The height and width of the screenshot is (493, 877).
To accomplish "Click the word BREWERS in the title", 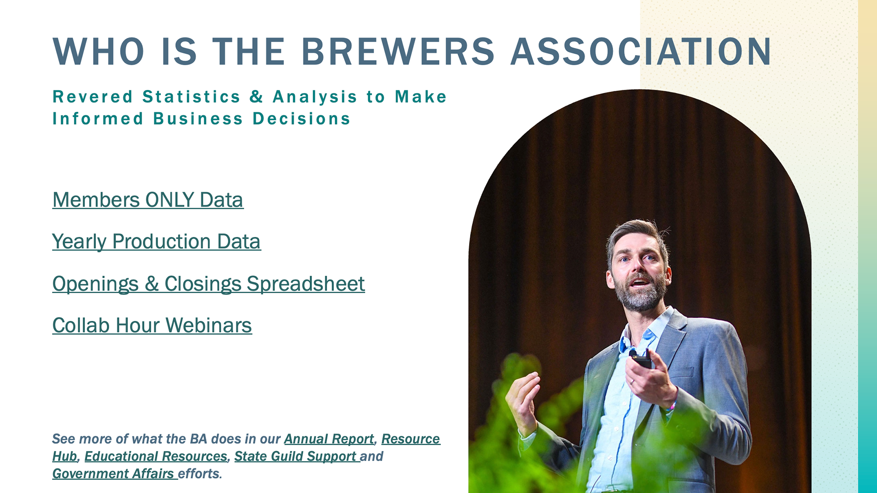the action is (x=398, y=51).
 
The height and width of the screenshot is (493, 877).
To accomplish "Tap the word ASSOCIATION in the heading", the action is (x=641, y=51).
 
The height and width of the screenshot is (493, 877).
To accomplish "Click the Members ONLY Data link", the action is (x=148, y=200).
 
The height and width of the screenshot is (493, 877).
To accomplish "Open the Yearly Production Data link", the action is (x=156, y=242).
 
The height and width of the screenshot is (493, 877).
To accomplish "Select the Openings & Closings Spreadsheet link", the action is (x=209, y=284).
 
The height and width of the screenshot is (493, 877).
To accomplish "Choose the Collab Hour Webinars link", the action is (x=152, y=325).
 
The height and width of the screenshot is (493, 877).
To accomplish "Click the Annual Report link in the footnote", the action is (x=329, y=439).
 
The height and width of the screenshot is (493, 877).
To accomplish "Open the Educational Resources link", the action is (x=156, y=456).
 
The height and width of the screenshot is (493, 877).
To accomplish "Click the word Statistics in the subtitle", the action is (x=191, y=97).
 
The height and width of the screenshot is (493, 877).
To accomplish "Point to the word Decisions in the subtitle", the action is (x=301, y=119).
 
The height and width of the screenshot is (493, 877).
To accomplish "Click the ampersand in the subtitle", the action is (x=256, y=97).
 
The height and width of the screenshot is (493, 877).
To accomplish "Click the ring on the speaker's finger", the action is (x=633, y=382).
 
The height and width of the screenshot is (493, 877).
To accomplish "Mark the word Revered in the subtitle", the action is (x=93, y=97).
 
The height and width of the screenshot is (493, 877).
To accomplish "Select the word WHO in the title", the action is (x=99, y=51).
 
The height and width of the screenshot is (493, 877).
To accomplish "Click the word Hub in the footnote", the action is (x=65, y=456).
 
